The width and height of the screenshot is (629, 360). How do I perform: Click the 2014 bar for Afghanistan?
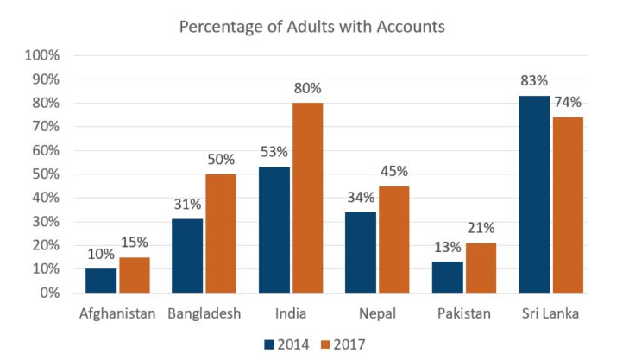click(x=102, y=281)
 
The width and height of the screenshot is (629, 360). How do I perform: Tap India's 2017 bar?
click(x=306, y=198)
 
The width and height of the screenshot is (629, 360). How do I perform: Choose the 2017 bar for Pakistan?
click(x=481, y=268)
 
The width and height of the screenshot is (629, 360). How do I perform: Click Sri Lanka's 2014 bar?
click(x=533, y=194)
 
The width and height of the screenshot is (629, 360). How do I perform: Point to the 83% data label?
click(x=533, y=80)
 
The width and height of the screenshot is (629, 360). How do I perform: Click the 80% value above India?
click(x=306, y=88)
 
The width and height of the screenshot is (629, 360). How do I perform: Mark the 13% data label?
click(x=447, y=246)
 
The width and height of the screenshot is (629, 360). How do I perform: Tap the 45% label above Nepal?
click(x=393, y=171)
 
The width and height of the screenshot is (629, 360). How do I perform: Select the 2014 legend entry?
click(x=285, y=344)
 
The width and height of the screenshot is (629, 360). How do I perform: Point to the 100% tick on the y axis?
click(x=42, y=55)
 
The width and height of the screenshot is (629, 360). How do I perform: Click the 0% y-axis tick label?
click(x=48, y=293)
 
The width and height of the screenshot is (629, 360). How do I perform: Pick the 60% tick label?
click(x=45, y=150)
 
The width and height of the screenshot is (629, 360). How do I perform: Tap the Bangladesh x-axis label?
click(x=204, y=313)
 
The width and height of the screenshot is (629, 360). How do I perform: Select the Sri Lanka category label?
click(x=550, y=313)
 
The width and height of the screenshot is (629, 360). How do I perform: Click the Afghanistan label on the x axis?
click(x=116, y=313)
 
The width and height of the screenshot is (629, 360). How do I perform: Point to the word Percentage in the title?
click(x=218, y=27)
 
